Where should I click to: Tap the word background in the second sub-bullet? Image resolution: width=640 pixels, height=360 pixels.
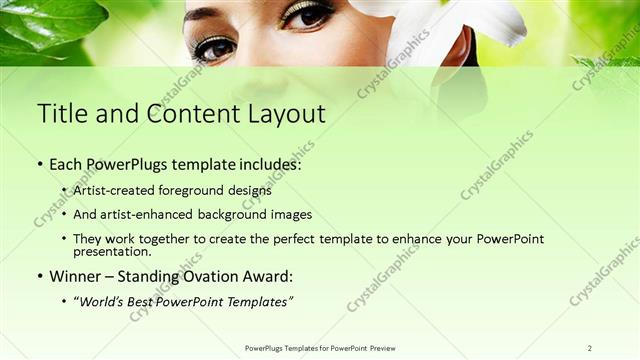(x=233, y=214)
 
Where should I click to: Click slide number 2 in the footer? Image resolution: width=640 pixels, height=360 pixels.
(x=589, y=348)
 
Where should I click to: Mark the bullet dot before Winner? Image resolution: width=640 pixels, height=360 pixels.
(x=40, y=277)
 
